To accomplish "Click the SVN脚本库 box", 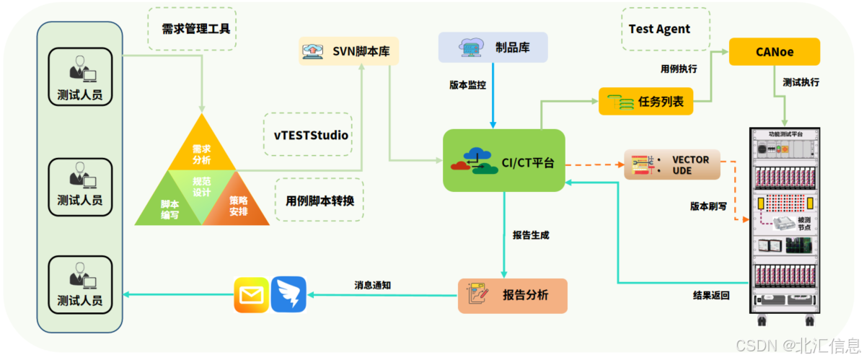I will [349, 51].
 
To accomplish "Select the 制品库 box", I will [493, 47].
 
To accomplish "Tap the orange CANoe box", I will [775, 52].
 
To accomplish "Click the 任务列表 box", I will [645, 102].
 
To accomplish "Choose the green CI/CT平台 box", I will [503, 160].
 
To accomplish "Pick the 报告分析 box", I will [512, 295].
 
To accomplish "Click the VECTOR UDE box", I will [671, 164].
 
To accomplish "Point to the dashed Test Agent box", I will [664, 30].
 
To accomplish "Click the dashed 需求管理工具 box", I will [191, 30].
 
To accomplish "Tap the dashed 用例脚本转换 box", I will [319, 200].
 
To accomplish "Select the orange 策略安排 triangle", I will [238, 206].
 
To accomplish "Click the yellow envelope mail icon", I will [251, 295].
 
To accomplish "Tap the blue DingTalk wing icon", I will [288, 295].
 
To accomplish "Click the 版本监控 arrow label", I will [467, 84].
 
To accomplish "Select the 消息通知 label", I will [372, 285].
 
